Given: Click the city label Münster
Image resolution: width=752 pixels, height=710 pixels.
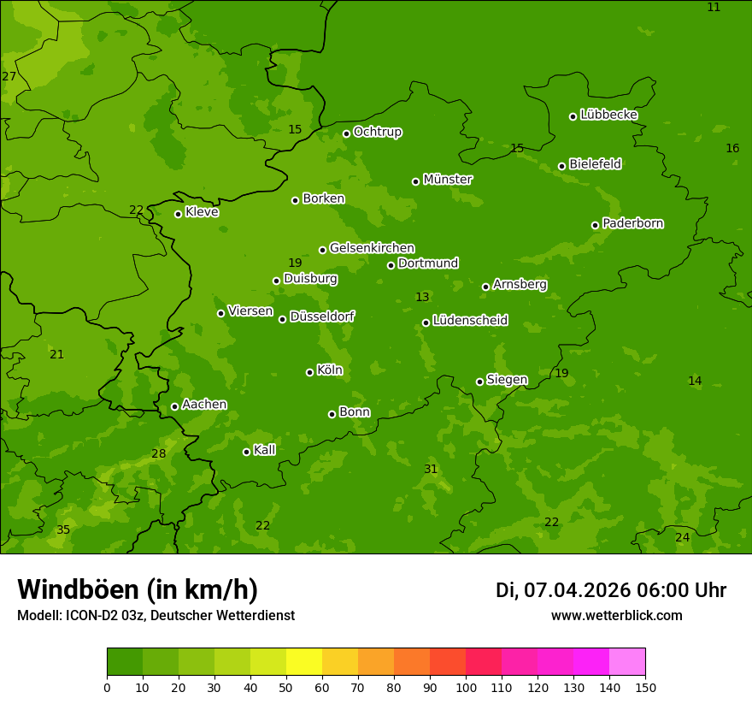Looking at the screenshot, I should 448,180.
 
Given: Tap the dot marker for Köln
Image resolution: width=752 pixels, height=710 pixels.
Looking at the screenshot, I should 309,372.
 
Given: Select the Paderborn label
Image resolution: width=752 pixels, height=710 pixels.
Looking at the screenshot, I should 632,223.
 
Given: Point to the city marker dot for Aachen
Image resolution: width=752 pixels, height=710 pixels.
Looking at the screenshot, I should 174,406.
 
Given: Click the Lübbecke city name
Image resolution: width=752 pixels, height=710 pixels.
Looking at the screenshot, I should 608,115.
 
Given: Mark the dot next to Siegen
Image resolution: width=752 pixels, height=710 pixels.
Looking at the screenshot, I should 479,382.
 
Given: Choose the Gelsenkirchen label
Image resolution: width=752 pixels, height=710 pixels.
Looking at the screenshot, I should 372,248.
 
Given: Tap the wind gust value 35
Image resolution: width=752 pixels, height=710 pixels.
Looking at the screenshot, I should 63,530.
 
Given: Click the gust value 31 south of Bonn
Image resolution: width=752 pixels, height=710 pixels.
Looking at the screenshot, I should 431,469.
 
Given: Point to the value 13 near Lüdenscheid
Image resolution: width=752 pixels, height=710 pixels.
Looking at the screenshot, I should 422,297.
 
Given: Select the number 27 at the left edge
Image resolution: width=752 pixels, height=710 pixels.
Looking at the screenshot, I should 9,77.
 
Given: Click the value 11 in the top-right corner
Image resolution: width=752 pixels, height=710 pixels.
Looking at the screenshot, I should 714,8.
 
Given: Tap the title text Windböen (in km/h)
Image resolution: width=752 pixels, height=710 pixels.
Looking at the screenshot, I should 138,589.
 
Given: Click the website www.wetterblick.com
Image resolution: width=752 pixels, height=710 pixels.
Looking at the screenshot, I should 616,616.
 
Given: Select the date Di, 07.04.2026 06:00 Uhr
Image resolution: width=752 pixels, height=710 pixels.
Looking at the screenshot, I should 611,590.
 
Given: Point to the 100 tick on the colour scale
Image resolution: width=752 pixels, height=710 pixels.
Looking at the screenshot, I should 466,687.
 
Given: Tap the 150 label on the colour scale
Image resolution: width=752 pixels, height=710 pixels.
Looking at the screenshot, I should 645,687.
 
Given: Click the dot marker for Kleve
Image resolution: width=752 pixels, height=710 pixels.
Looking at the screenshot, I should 178,214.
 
